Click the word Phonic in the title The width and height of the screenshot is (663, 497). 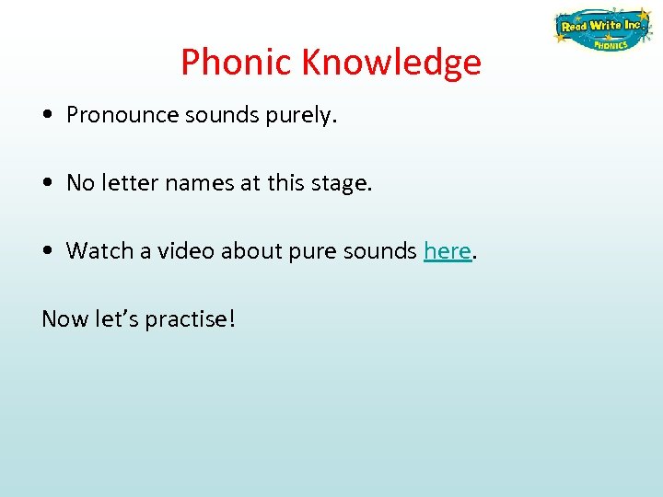236,63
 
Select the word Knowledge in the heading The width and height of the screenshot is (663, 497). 390,63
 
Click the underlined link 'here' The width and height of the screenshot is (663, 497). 448,250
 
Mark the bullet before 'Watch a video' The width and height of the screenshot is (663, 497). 46,251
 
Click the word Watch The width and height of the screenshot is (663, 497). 95,250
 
